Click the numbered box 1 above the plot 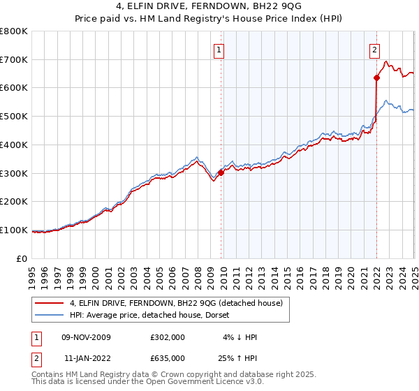coord(219,50)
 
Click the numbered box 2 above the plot coord(375,50)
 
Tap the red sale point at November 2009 coord(221,172)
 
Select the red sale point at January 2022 coord(376,78)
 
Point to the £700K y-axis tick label coord(15,60)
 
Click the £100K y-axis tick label coord(15,230)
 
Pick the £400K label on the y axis coord(15,145)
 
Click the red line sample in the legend coord(50,303)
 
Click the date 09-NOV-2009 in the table coord(84,337)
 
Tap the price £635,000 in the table coord(168,357)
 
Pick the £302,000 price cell coord(168,337)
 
